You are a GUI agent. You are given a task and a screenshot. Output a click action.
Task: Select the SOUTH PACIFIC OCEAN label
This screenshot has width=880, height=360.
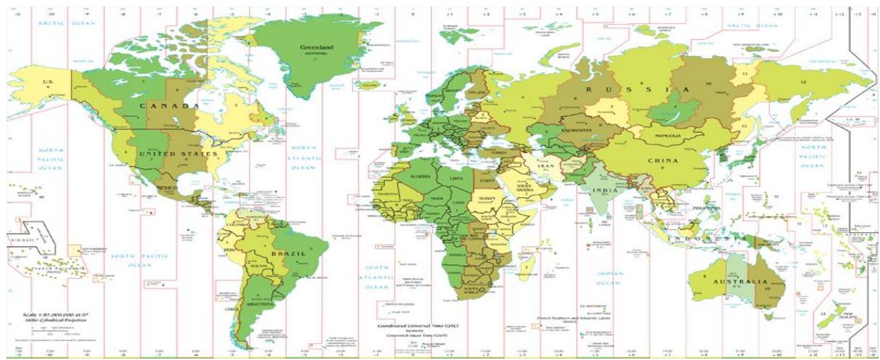point(140,260)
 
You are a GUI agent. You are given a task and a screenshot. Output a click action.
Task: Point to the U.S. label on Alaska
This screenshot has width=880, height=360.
point(50,82)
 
